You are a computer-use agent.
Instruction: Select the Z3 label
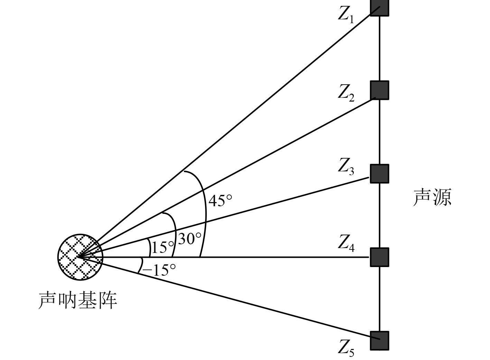point(346,167)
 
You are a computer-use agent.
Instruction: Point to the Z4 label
point(346,243)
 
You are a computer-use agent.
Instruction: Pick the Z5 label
point(346,348)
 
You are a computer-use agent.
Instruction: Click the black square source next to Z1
point(379,7)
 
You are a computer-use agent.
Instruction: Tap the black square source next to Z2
point(379,90)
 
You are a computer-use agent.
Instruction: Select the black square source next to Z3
point(379,173)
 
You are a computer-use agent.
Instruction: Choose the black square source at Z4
point(379,257)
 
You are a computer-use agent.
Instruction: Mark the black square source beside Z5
point(379,341)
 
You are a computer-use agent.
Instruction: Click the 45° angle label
point(220,200)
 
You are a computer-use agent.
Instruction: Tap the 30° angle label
point(189,238)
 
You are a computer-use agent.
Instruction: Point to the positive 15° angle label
point(163,247)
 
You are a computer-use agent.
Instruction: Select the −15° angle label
point(159,270)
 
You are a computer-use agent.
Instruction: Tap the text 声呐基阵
point(78,300)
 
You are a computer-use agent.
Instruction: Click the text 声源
point(432,198)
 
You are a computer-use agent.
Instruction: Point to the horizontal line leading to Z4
point(277,257)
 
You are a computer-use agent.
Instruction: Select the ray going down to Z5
point(242,301)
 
